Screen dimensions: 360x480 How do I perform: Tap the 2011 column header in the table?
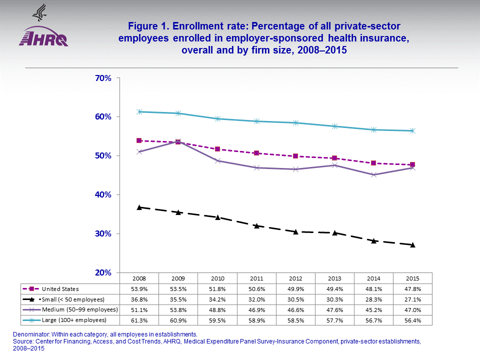[x=256, y=278]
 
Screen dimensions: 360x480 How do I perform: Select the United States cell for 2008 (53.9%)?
[x=138, y=288]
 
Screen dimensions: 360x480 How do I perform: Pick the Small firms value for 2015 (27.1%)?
[x=412, y=299]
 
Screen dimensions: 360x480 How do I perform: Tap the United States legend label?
[x=60, y=288]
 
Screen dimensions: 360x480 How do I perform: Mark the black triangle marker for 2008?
[x=139, y=207]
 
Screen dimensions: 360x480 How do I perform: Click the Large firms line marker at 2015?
[x=412, y=130]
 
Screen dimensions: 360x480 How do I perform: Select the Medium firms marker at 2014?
[x=373, y=174]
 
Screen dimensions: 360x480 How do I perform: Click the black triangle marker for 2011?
[x=256, y=225]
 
